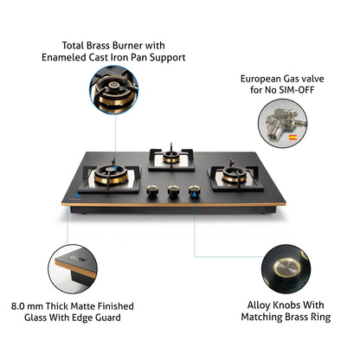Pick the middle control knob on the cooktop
point(174,194)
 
